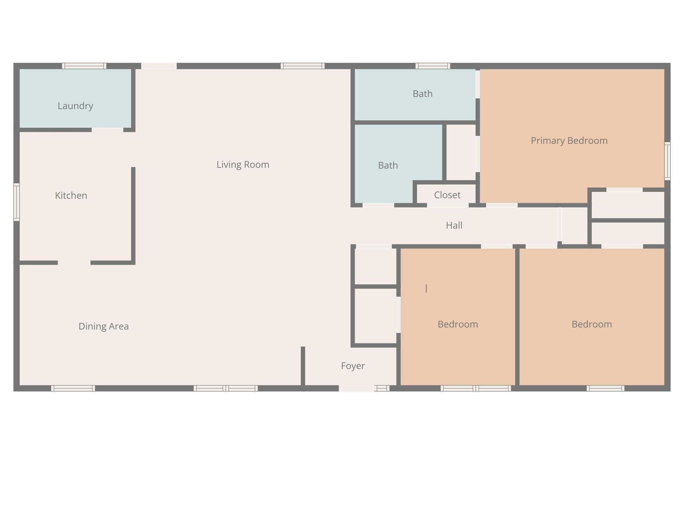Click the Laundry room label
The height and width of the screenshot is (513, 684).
tap(75, 106)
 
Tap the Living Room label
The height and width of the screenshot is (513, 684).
tap(243, 165)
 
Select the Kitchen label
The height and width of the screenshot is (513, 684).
tap(71, 195)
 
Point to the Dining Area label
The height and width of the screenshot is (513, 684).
tap(104, 326)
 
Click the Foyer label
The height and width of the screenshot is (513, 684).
tap(353, 366)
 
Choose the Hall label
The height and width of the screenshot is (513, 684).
tap(454, 225)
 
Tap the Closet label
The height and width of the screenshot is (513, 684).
tap(447, 195)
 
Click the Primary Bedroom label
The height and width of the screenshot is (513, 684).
tap(569, 141)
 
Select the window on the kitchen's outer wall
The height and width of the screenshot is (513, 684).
tap(16, 202)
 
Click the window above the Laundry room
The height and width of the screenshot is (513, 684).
tap(84, 66)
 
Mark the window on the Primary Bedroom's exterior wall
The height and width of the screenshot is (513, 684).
tap(667, 161)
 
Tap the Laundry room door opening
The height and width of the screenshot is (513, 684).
tap(108, 130)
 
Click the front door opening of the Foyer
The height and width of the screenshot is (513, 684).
tap(356, 388)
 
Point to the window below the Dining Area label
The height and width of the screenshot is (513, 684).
tap(73, 388)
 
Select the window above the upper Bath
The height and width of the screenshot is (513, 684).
tap(433, 66)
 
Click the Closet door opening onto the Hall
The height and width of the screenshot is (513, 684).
tap(448, 205)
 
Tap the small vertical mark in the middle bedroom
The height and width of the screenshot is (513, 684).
tap(426, 289)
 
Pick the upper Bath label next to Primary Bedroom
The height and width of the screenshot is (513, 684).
tap(422, 94)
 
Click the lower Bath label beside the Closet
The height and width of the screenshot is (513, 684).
tap(388, 166)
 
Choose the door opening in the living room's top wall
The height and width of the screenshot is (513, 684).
tap(159, 66)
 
